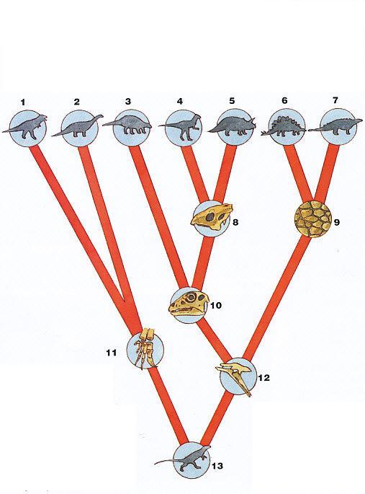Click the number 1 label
coord(22,102)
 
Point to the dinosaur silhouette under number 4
coord(180,127)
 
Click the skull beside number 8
coord(212,218)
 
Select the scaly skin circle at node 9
coord(313,219)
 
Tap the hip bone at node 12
coord(235,379)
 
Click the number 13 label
coord(217,466)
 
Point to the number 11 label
coord(112,353)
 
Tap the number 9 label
coord(337,222)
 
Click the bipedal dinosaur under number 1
coord(26,127)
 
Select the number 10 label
coord(216,305)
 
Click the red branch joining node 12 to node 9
coord(277,298)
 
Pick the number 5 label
coord(232,101)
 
